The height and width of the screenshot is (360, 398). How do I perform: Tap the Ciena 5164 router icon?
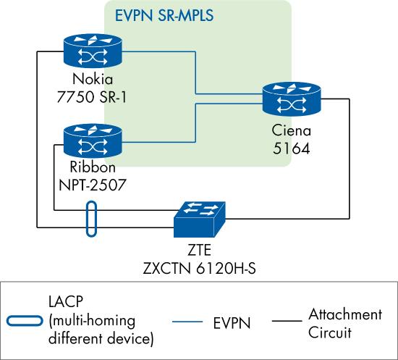click(292, 101)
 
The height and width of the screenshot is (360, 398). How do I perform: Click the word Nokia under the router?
click(93, 80)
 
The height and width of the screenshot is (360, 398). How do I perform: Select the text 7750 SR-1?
click(93, 96)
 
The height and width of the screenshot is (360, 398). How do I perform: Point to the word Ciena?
click(292, 131)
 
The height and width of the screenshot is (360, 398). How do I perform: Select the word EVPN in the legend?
click(234, 322)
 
